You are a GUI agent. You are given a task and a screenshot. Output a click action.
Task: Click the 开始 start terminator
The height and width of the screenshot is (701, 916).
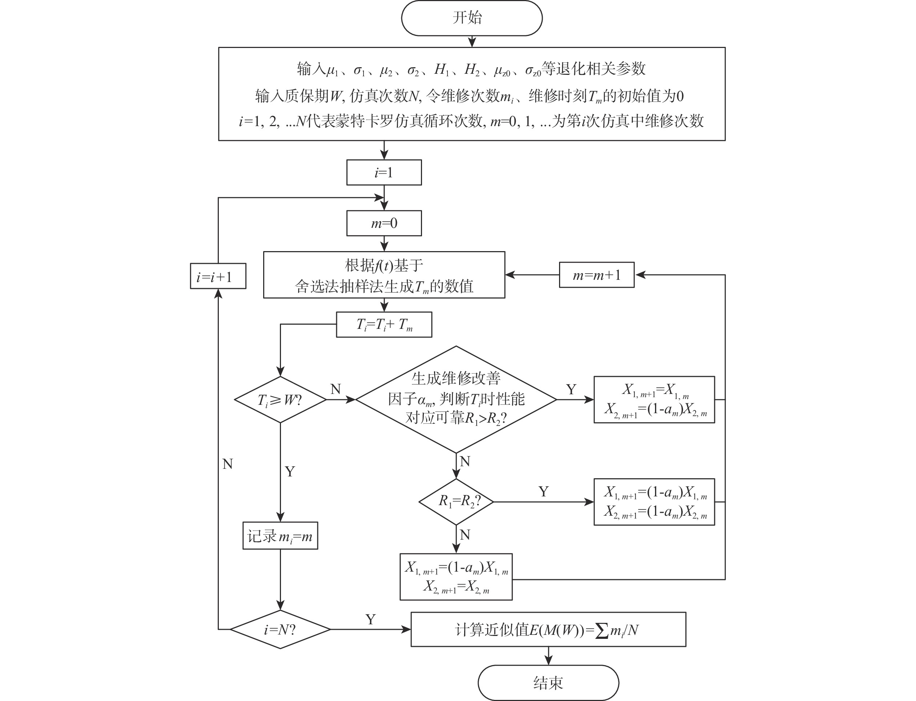click(471, 18)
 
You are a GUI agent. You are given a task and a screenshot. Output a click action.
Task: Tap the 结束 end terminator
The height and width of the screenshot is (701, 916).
click(548, 682)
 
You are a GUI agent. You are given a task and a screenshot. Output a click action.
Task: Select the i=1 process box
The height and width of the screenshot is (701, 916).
click(384, 172)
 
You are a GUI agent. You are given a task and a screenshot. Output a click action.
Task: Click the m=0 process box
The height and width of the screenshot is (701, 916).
click(384, 223)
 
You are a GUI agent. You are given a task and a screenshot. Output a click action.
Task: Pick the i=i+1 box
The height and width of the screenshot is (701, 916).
click(218, 276)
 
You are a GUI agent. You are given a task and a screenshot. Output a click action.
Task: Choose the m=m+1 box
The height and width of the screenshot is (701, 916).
click(596, 275)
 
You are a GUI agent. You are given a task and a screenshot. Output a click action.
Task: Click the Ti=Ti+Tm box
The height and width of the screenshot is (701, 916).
click(384, 325)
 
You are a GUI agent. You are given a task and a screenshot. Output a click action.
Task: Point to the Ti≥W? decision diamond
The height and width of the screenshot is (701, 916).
click(280, 400)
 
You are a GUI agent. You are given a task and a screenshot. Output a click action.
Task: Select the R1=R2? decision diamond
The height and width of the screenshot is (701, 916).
click(456, 501)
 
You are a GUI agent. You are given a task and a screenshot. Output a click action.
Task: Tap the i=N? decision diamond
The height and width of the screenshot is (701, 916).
click(280, 629)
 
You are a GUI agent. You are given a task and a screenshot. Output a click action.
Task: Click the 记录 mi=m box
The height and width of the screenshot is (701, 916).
click(280, 536)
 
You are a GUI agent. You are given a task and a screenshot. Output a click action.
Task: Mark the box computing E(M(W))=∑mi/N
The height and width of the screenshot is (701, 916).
click(548, 629)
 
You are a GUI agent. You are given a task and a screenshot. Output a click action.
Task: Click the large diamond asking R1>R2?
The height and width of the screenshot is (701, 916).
click(456, 399)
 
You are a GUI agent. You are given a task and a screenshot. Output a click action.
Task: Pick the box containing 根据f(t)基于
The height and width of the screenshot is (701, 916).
click(384, 275)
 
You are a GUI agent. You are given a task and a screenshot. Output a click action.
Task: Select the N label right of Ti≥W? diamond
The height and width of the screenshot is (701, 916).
click(336, 389)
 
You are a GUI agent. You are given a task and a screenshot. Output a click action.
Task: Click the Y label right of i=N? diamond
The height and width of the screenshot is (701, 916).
click(370, 619)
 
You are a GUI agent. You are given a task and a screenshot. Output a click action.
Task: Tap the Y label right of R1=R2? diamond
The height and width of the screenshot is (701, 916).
click(543, 492)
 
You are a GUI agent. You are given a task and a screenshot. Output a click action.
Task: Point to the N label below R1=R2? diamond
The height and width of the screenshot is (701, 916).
click(465, 535)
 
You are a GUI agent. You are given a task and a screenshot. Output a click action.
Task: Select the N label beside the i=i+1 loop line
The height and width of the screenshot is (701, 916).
click(228, 464)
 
